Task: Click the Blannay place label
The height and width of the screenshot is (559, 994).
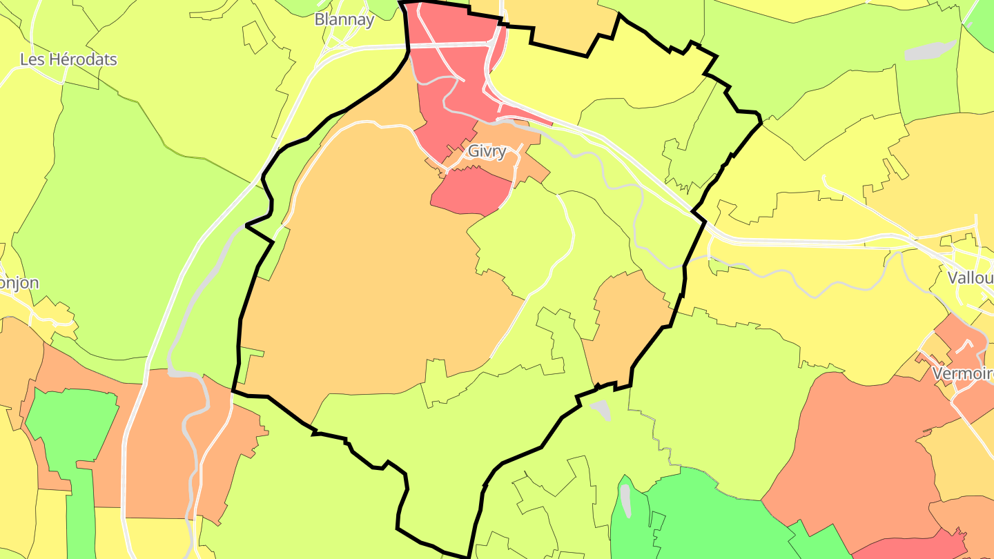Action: pos(344,19)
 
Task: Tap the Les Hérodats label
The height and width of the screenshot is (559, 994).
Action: pos(68,59)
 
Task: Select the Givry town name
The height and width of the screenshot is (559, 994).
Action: pos(487,151)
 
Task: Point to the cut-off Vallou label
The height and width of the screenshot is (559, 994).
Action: pos(971,277)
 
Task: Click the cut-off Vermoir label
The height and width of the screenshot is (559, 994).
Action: pos(962,373)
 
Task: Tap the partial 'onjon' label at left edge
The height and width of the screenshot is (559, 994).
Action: pos(19,283)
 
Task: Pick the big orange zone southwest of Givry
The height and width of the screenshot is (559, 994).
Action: pos(373,276)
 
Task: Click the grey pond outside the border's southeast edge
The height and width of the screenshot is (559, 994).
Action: pos(601,409)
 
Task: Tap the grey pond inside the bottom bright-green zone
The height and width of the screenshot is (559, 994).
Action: pos(625,501)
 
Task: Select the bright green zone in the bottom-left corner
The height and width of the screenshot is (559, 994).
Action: pos(72,428)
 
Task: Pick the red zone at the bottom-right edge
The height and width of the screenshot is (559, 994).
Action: pos(911,545)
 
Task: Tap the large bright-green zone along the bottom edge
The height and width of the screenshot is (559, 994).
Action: pos(711,518)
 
